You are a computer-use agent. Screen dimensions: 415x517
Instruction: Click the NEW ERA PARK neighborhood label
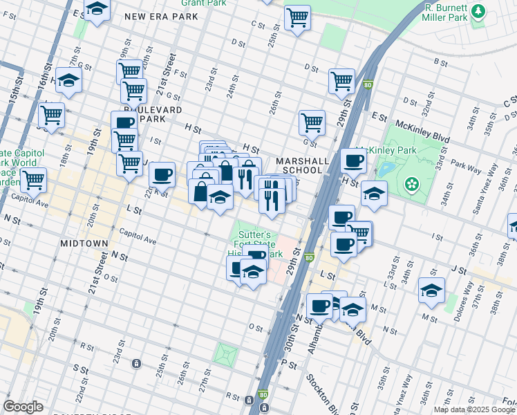(x=162, y=17)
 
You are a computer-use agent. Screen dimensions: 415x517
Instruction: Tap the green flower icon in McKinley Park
(x=413, y=183)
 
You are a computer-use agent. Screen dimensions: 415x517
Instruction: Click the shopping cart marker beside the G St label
(x=312, y=122)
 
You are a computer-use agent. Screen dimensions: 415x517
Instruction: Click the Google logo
(x=23, y=406)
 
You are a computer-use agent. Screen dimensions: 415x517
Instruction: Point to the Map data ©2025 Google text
(x=474, y=409)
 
